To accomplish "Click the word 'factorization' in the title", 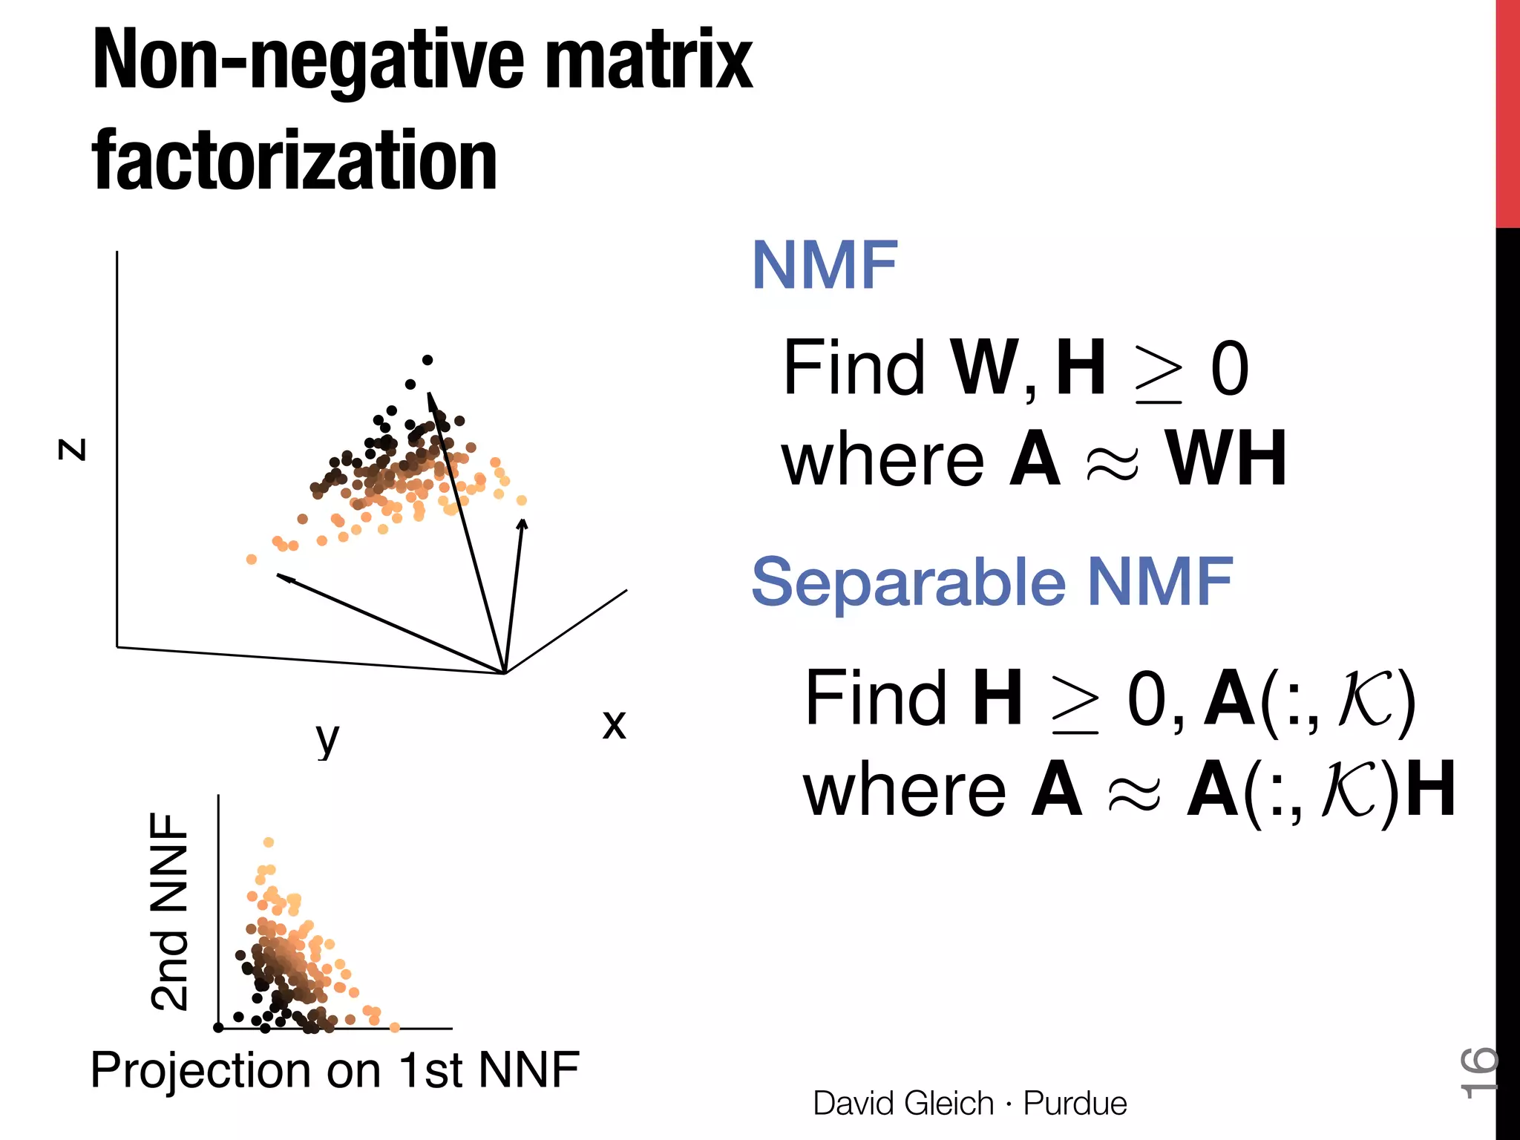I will coord(295,161).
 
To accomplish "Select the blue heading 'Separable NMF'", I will coord(992,582).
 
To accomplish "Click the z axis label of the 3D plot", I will coord(73,449).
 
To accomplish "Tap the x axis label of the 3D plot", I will coord(614,724).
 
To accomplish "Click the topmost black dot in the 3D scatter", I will coord(427,360).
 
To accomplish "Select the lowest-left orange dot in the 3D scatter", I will coord(252,559).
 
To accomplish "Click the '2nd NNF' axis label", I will coord(170,911).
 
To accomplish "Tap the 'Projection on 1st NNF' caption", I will coord(335,1069).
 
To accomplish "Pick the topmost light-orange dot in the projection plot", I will coord(269,842).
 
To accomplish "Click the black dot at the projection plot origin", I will coord(218,1027).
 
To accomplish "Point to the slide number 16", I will coord(1477,1072).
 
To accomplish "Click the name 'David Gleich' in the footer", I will coord(903,1104).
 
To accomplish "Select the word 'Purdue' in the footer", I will coord(1075,1104).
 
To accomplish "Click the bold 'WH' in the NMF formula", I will coord(1225,460).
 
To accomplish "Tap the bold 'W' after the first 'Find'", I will coord(983,368).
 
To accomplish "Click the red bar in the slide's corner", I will coord(1507,111).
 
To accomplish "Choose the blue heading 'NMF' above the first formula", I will coord(825,266).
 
